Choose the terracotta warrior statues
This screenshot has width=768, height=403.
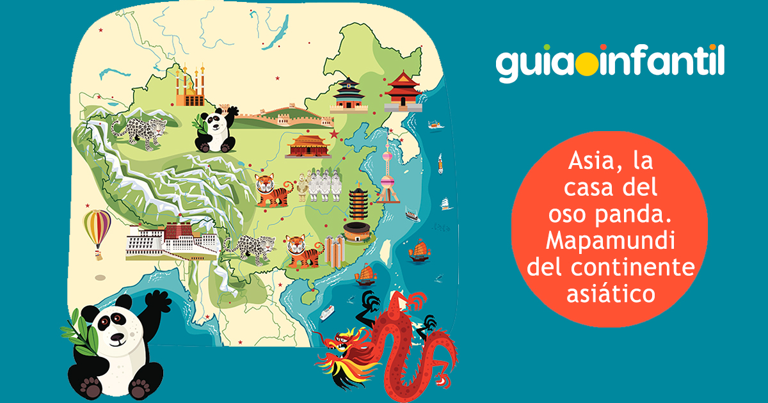317,186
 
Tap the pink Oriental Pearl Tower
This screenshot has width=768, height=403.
387,174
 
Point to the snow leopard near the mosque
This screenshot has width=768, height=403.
139,130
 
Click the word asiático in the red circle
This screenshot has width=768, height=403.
611,295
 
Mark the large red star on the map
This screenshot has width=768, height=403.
333,135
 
